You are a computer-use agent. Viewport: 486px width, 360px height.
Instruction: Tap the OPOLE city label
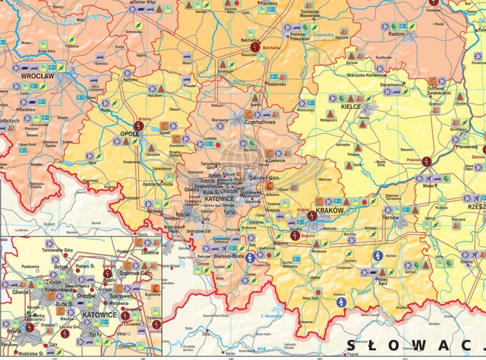pyautogui.click(x=130, y=134)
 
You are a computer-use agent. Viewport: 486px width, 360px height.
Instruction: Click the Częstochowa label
pyautogui.click(x=262, y=121)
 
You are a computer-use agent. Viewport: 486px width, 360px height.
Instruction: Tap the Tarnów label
pyautogui.click(x=391, y=218)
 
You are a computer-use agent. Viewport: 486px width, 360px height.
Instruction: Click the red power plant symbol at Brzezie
pyautogui.click(x=137, y=125)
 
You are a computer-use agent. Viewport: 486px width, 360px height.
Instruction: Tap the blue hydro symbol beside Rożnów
pyautogui.click(x=376, y=256)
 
